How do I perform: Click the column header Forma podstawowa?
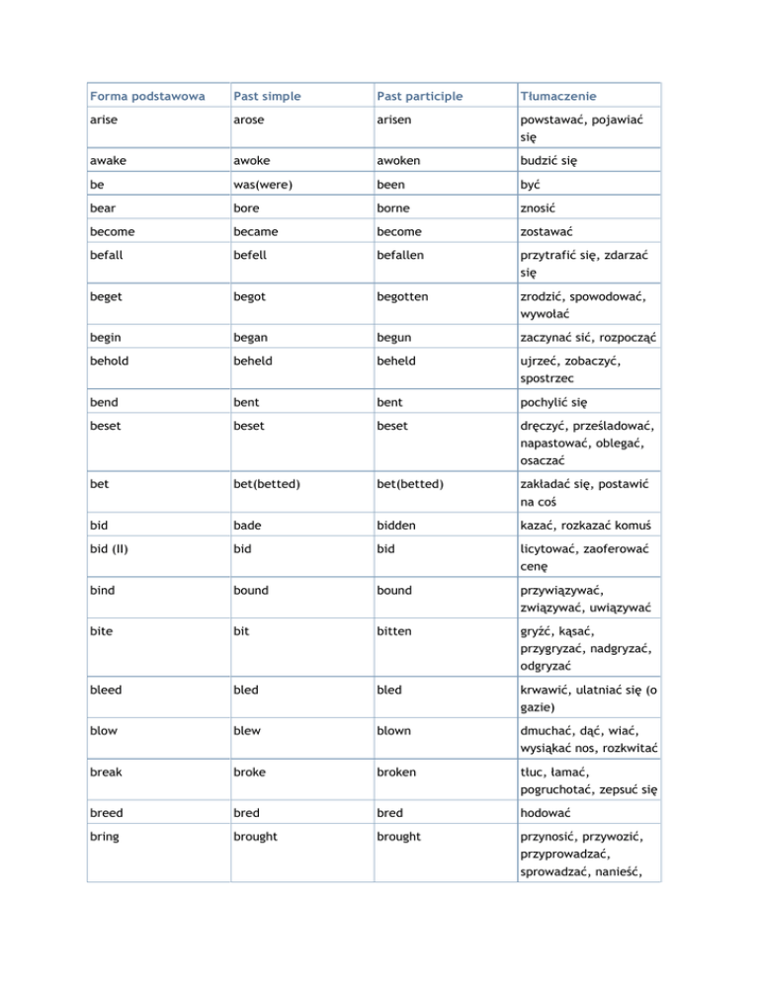tap(147, 96)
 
